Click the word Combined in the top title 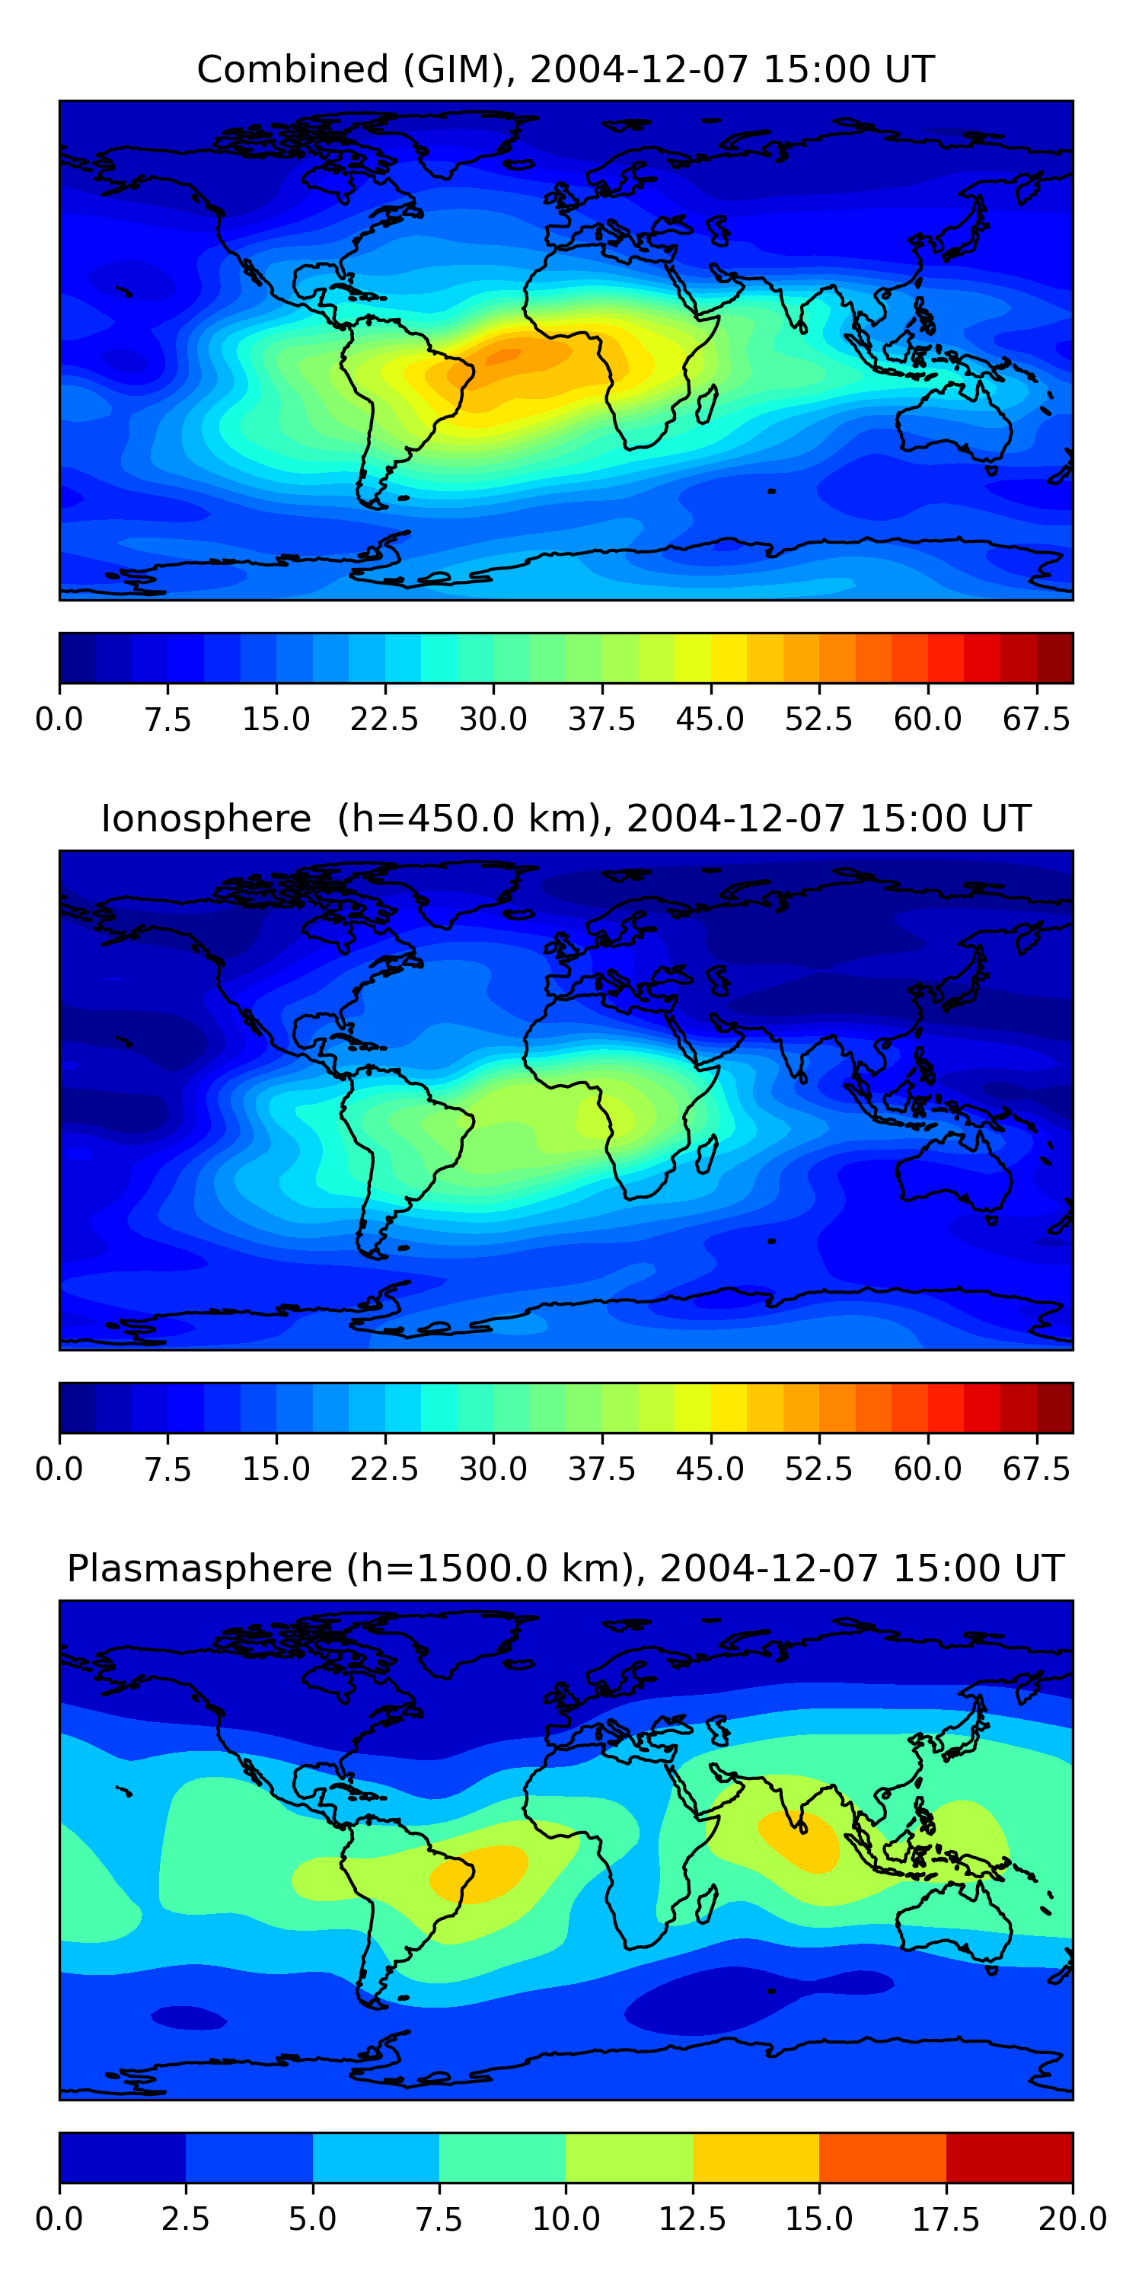[292, 69]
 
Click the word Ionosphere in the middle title [206, 818]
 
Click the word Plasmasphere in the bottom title [199, 1568]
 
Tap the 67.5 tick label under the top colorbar [1036, 719]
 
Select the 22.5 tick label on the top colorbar [384, 719]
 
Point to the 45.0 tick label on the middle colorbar [710, 1469]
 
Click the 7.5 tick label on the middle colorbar [167, 1469]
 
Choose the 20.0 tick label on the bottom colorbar [1073, 2219]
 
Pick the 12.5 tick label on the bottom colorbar [693, 2219]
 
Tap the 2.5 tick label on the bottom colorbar [185, 2219]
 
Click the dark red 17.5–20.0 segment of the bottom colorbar [1010, 2157]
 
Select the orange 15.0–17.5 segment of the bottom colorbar [883, 2157]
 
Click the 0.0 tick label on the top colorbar [59, 719]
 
